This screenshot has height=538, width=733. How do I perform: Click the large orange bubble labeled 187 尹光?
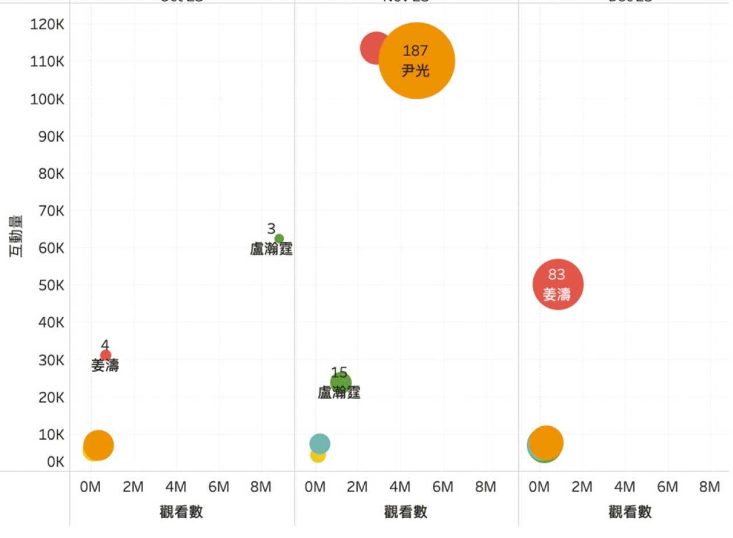(417, 61)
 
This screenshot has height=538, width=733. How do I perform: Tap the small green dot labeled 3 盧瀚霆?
(279, 239)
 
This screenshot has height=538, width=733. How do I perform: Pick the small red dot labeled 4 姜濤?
(105, 355)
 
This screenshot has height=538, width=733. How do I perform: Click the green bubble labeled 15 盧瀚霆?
(340, 383)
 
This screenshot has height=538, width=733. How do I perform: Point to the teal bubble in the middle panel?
(320, 443)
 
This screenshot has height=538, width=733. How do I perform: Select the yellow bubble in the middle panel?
(317, 455)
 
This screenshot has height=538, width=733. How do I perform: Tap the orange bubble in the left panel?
(99, 445)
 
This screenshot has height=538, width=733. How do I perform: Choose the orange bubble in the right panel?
(546, 442)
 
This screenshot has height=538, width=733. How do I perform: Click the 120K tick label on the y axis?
(47, 24)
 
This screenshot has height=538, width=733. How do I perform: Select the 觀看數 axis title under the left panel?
(181, 512)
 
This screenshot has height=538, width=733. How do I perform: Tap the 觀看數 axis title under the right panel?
(630, 512)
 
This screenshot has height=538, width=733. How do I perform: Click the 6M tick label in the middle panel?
(443, 488)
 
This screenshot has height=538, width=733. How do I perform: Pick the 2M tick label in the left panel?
(133, 488)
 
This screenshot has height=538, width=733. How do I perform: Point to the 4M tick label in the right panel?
(624, 488)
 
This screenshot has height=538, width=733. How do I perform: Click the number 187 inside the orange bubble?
(415, 50)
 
